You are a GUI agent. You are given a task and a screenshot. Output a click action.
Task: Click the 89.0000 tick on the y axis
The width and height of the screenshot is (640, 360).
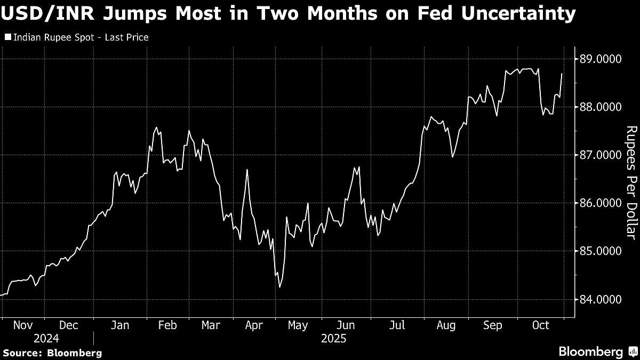[601, 59]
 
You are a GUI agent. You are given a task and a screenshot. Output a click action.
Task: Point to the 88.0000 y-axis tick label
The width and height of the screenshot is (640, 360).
[601, 107]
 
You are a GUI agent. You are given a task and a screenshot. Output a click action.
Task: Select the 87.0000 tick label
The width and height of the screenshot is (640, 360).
[601, 155]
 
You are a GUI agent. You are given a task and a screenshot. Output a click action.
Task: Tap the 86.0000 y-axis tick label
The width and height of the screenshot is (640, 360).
[601, 203]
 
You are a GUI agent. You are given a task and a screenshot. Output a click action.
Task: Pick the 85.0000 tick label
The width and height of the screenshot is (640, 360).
[601, 251]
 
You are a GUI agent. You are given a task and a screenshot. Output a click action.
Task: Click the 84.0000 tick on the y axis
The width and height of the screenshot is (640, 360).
[601, 299]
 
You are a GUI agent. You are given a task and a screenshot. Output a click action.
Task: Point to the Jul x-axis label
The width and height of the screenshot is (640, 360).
[397, 325]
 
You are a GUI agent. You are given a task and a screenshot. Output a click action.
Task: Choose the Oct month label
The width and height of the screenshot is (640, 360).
[541, 325]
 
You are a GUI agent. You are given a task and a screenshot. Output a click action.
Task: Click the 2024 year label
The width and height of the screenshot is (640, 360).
[47, 339]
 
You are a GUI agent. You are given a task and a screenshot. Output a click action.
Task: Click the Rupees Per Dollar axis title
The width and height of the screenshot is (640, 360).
[631, 182]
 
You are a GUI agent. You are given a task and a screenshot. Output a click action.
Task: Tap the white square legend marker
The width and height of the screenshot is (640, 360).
[7, 37]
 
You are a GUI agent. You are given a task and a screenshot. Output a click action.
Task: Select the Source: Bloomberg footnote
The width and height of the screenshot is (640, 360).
[52, 353]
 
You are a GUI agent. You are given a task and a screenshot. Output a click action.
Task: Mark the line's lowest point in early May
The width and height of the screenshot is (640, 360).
[279, 287]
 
